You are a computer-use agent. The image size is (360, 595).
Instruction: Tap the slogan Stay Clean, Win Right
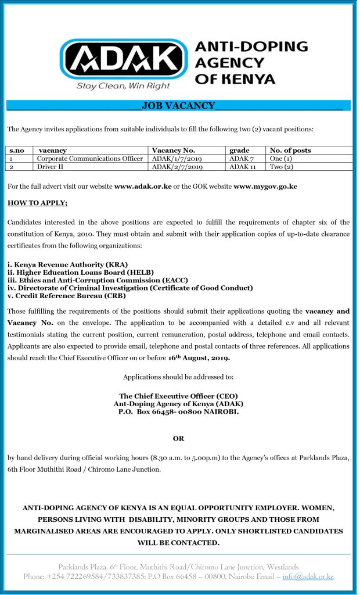(124, 85)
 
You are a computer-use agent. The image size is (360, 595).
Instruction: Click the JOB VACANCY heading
(178, 106)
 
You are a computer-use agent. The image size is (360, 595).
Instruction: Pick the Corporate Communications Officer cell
(89, 159)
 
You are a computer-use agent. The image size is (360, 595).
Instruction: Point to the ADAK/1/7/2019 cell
(177, 159)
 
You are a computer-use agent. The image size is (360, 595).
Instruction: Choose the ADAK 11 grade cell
(243, 167)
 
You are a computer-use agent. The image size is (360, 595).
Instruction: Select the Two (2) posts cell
(282, 167)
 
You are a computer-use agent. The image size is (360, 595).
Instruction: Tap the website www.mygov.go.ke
(265, 187)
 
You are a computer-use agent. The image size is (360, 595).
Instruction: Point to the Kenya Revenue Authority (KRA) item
(67, 264)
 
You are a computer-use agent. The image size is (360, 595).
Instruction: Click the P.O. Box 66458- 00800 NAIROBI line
(178, 411)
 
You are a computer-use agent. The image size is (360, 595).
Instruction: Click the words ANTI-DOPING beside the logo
(251, 46)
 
